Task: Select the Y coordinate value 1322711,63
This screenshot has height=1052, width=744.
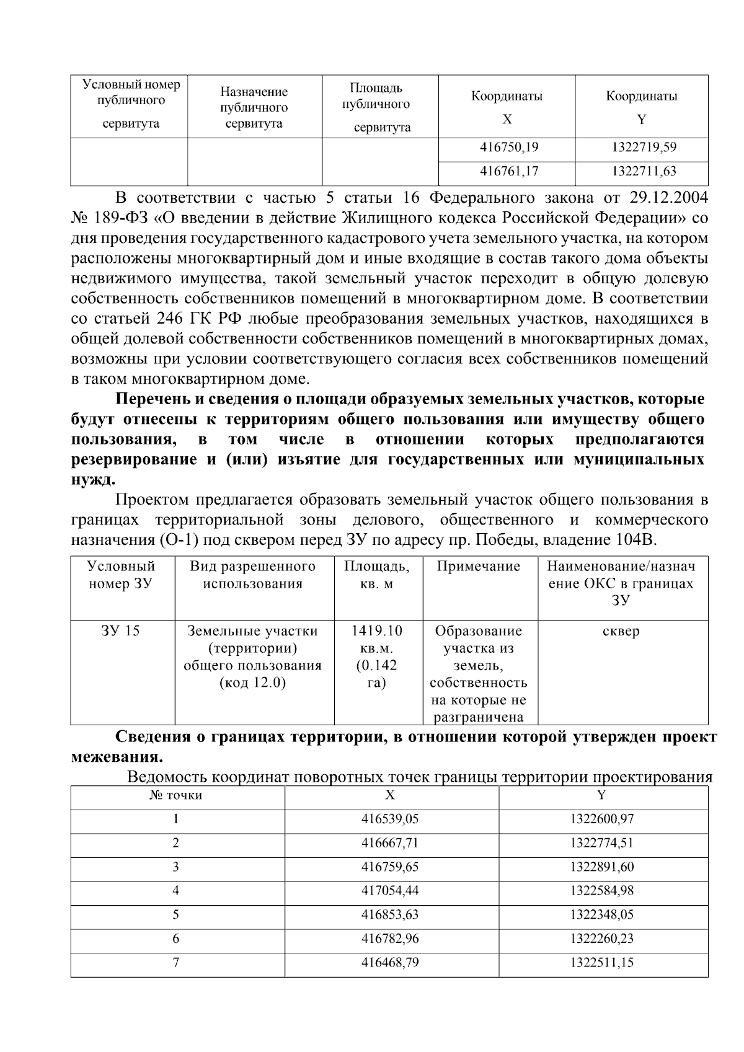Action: [x=643, y=171]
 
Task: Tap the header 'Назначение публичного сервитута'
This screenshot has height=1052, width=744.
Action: [x=254, y=107]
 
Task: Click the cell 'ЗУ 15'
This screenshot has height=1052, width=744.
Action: [x=120, y=631]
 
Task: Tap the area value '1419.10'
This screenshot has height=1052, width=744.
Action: [x=377, y=631]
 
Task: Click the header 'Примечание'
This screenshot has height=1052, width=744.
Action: [x=478, y=566]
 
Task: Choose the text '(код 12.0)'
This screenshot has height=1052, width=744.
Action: [x=253, y=683]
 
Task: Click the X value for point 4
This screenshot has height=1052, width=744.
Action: [x=390, y=891]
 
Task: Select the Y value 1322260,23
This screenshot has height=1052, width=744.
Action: [x=601, y=939]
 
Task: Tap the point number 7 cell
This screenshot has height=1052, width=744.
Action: [x=176, y=963]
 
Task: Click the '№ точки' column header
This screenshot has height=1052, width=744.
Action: [x=176, y=795]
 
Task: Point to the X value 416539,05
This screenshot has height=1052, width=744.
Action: [x=390, y=819]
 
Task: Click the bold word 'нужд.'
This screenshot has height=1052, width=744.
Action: [x=93, y=479]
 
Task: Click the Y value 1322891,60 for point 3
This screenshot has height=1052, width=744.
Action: [x=601, y=867]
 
